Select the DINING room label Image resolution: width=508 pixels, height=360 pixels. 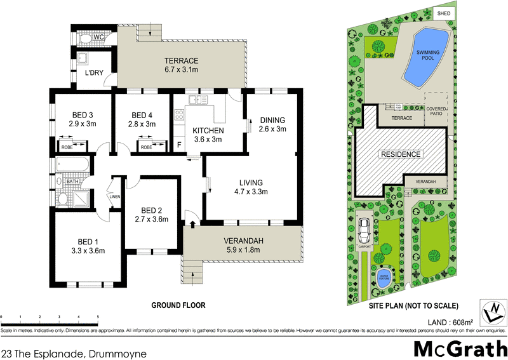coord(272,120)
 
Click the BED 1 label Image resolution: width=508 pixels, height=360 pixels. coord(88,241)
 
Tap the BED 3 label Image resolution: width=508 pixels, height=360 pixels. coord(82,115)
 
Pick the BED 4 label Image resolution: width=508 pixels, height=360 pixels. coord(142,115)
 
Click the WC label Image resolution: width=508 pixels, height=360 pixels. coord(98,38)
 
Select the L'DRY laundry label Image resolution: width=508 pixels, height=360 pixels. coord(96,73)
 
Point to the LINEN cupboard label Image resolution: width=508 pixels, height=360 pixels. coord(114,196)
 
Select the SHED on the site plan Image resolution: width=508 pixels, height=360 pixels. coord(443,13)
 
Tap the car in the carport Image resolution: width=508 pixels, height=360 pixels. coord(364,228)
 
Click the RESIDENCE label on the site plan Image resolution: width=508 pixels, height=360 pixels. coord(400,154)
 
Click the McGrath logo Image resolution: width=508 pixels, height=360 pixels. coord(458,347)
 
